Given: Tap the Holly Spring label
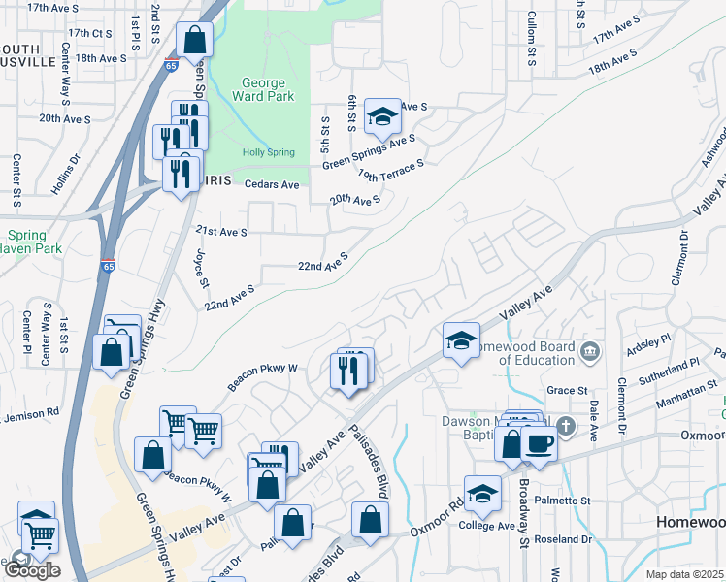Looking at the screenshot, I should pos(267,152).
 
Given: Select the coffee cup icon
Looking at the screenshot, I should pos(539,443).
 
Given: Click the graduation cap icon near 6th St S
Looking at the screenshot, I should pos(382,117).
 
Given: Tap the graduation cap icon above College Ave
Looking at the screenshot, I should pos(482,494).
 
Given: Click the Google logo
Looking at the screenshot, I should pos(31,570).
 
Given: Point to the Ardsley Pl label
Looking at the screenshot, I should pos(650,345).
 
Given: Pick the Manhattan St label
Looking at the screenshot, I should pos(666,397).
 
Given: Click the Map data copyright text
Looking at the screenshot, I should pos(684,574).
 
